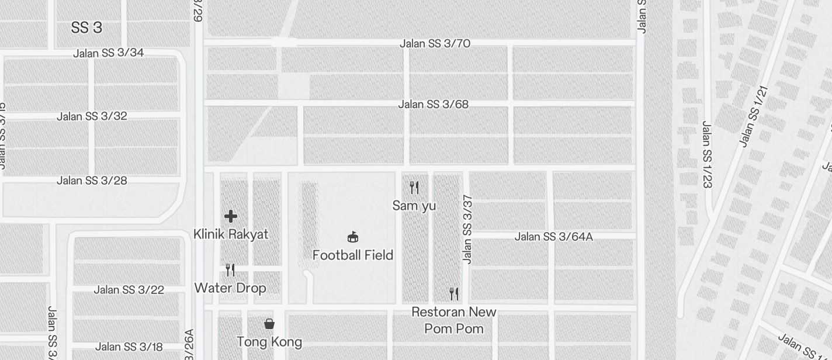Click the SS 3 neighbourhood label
pos(86,27)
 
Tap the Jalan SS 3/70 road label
pos(435,44)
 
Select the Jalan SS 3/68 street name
pos(433,105)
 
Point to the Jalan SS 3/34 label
pos(108,53)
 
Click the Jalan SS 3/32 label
pos(92,116)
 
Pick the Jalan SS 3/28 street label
pos(92,181)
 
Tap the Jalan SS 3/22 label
pos(129,290)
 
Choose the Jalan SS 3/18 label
pos(129,347)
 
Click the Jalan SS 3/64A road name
pos(553,237)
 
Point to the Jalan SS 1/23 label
pos(707,154)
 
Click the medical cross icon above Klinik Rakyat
pos(231,216)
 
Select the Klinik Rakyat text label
pos(231,234)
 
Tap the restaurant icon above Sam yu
pos(414,188)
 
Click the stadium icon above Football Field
pos(352,237)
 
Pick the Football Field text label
pos(352,255)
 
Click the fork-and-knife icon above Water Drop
pos(230,270)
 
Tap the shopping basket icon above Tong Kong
pos(269,324)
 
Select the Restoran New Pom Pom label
pos(454,320)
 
